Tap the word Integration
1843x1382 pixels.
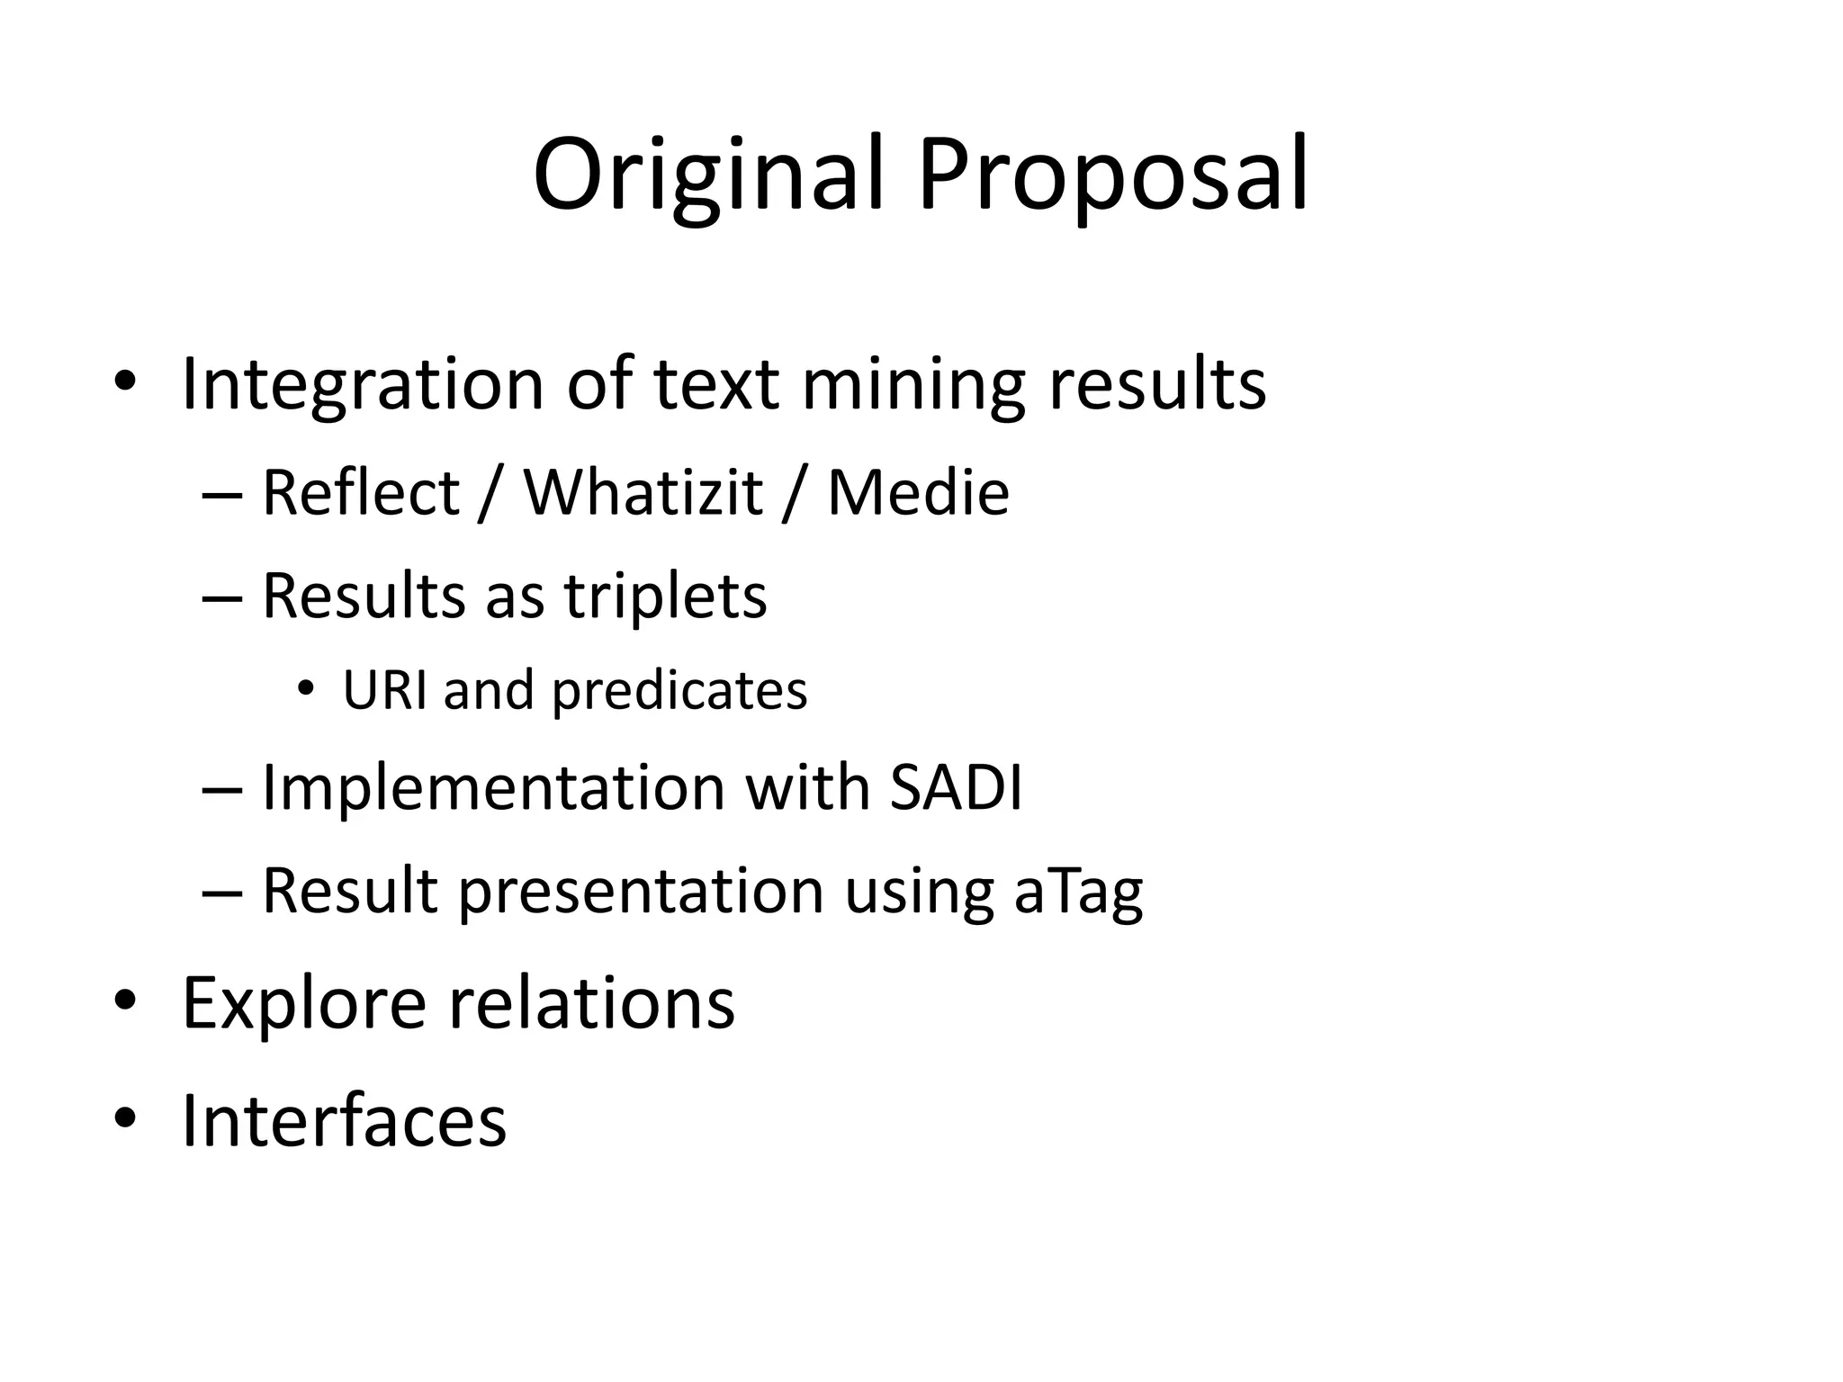(x=363, y=384)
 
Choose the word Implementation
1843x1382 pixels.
(x=493, y=787)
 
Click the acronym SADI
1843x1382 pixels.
(x=956, y=787)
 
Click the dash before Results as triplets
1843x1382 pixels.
(x=222, y=597)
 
